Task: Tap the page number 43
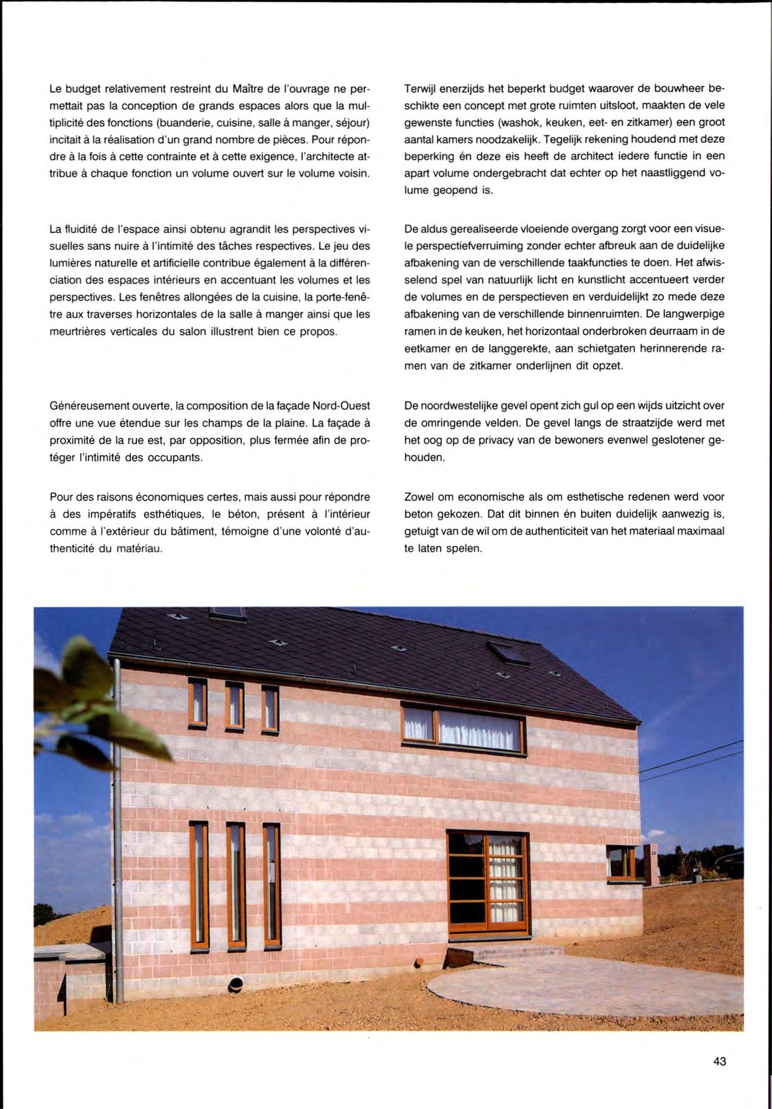[x=720, y=1062]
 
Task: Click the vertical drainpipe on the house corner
[x=117, y=821]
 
